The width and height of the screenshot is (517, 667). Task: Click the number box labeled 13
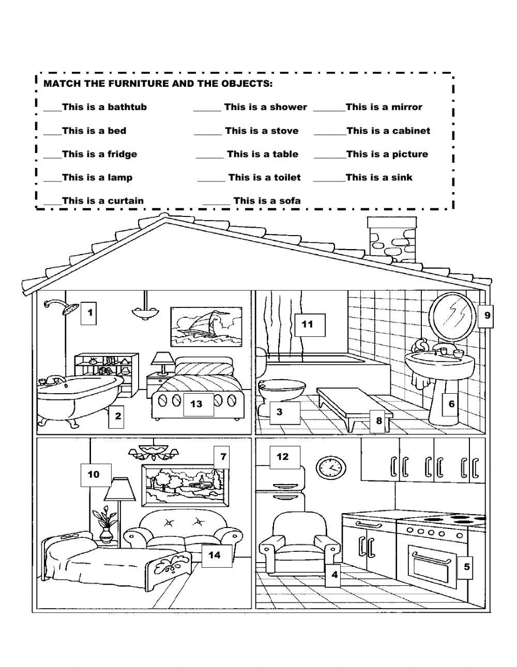coord(196,404)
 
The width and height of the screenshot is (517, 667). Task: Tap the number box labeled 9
coord(486,314)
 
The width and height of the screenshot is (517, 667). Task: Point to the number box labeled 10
coord(93,474)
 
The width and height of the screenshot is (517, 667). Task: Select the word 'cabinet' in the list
coord(410,131)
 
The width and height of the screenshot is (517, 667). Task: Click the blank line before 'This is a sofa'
coord(217,201)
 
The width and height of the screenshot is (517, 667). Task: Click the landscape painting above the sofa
coord(185,486)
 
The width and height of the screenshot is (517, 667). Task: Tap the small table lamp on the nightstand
coord(163,361)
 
